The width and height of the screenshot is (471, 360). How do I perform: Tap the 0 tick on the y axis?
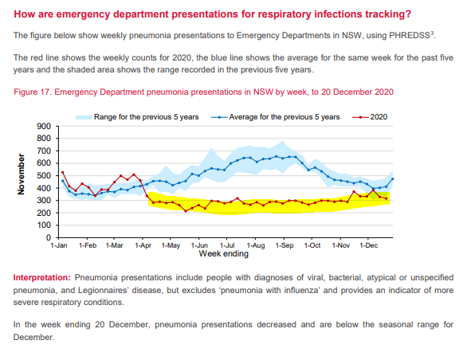point(48,238)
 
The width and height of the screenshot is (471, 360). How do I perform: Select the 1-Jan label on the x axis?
point(60,246)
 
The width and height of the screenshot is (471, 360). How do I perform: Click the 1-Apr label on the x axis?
point(143,246)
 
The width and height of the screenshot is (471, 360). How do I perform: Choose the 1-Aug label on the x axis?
point(256,246)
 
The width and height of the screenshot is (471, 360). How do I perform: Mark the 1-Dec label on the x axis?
point(368,246)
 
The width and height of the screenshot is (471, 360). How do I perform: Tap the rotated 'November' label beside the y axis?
point(22,175)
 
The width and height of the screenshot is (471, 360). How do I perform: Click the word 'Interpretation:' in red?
point(41,276)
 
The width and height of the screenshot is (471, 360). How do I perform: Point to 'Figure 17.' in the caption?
point(35,92)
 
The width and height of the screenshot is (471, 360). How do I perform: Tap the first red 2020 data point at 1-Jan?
point(63,173)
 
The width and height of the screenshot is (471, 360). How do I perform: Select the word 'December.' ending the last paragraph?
point(34,337)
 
